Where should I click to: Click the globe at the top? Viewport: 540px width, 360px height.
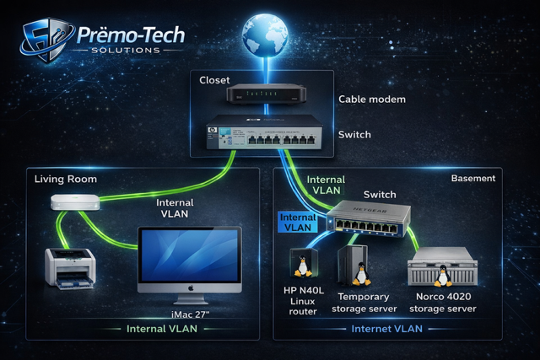tap(265, 35)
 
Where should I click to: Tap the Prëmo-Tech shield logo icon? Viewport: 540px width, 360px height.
tap(46, 40)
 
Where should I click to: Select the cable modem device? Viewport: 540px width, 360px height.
tap(266, 94)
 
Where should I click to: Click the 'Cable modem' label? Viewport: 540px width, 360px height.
tap(372, 99)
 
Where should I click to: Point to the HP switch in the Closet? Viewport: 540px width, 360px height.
tap(264, 132)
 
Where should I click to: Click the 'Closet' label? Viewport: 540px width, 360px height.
tap(214, 80)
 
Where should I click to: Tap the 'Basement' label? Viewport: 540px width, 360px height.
tap(473, 178)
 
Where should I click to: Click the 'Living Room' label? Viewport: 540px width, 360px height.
tap(66, 179)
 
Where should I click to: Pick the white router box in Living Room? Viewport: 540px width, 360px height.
tap(75, 202)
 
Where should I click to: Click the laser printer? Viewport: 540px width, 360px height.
tap(70, 268)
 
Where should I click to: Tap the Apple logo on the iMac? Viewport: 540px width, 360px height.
tap(190, 287)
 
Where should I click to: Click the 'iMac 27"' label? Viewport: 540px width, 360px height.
tap(190, 314)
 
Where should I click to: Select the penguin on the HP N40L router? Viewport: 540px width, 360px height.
tap(303, 266)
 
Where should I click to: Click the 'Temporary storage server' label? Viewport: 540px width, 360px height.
tap(364, 303)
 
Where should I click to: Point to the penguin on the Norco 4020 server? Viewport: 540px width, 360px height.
tap(443, 276)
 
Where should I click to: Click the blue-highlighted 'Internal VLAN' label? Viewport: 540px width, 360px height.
tap(298, 223)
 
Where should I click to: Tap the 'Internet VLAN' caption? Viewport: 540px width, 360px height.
tap(386, 329)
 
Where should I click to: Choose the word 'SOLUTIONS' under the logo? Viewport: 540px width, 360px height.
tap(126, 51)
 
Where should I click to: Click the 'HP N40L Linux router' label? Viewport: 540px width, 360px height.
tap(303, 301)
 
